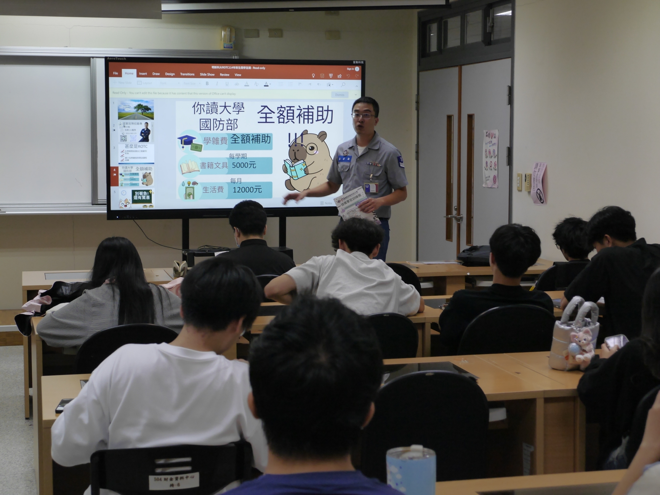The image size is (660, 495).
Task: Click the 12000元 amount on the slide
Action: click(x=247, y=190)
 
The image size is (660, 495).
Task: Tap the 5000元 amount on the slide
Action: click(x=244, y=165)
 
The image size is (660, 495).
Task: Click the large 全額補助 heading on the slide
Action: click(x=295, y=115)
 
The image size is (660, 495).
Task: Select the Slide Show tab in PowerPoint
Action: click(x=207, y=75)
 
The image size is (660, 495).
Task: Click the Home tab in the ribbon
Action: click(x=129, y=73)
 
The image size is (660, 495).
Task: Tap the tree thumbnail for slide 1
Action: click(x=136, y=110)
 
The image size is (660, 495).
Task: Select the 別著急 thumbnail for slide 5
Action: click(x=136, y=198)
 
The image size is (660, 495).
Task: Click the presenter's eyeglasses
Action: click(x=364, y=115)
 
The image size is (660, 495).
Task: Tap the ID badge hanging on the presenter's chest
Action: click(x=371, y=187)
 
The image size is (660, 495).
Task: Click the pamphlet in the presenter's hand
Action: click(x=351, y=203)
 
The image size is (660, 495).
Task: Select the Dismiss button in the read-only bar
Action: click(x=340, y=95)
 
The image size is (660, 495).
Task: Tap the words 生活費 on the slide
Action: click(x=213, y=190)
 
